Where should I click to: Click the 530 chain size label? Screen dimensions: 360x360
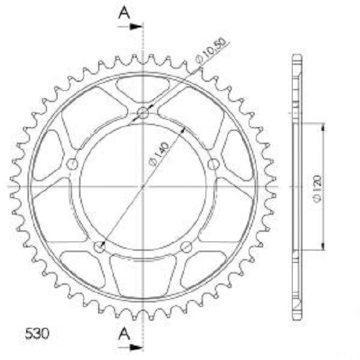pos(37,334)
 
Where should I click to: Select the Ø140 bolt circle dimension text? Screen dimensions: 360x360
pos(158,154)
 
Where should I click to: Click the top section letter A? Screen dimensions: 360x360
pos(124,12)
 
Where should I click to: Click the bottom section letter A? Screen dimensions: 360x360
pos(124,334)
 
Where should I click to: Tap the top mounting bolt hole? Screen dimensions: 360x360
pos(143,113)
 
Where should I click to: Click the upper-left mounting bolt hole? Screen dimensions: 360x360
pos(72,164)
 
